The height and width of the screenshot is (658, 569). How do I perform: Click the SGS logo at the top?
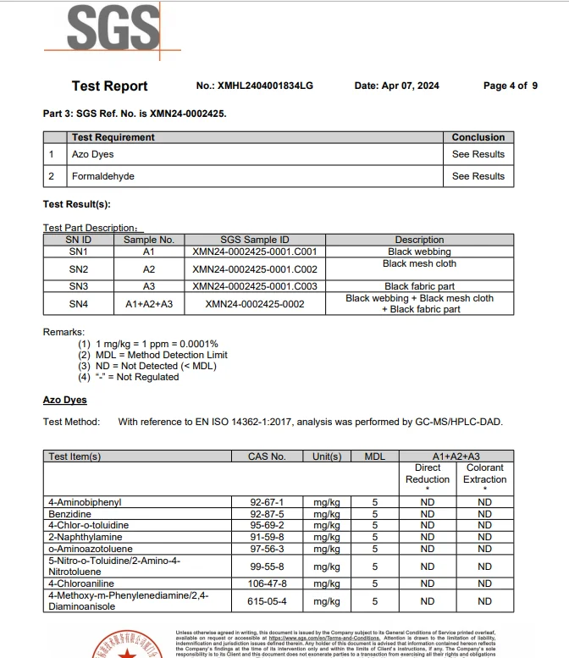click(x=113, y=30)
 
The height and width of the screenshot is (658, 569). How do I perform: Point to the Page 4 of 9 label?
click(x=510, y=86)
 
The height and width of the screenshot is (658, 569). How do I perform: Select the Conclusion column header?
click(x=478, y=137)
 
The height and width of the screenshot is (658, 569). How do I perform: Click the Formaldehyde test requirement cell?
click(x=103, y=176)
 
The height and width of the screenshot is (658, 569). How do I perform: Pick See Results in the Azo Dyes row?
click(x=478, y=154)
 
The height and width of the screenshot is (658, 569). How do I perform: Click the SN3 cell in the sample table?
click(x=78, y=286)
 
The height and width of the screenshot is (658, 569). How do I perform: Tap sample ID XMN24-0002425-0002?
click(x=254, y=304)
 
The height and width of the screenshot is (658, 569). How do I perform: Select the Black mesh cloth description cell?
click(x=419, y=264)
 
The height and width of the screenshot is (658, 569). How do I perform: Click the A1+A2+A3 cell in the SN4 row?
click(x=148, y=304)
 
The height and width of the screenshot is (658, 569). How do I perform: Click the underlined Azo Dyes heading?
click(x=64, y=400)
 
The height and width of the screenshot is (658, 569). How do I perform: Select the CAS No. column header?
click(x=267, y=456)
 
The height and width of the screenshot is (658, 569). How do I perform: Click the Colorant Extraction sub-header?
click(x=484, y=473)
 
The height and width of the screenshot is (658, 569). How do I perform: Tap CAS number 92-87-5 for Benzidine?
click(x=267, y=514)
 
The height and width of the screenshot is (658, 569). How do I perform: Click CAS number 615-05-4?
click(x=267, y=601)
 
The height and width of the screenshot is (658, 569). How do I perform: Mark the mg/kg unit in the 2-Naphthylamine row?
click(x=326, y=536)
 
